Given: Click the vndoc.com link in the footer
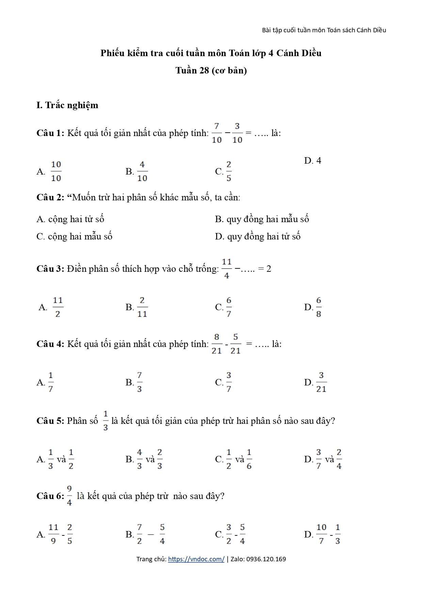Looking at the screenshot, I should (196, 559).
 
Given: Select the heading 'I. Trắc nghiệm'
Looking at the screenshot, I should (67, 105).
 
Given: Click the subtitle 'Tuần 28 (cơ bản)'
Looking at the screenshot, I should (211, 70).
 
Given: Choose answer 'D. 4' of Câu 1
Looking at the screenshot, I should (312, 161).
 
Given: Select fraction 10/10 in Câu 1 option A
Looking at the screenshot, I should (56, 171).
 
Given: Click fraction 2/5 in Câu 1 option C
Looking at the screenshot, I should (229, 171).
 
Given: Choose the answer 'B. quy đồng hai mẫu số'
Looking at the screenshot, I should (262, 219).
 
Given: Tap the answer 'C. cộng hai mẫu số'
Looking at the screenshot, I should (74, 236).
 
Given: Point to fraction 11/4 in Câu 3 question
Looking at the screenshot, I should (227, 269).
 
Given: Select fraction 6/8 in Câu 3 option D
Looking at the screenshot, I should (319, 307).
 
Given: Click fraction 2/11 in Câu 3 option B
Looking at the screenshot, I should (142, 307).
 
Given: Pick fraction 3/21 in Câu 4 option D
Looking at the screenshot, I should (321, 382).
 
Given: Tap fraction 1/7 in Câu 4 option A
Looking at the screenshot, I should (51, 382).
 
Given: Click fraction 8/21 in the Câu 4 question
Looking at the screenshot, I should (216, 344).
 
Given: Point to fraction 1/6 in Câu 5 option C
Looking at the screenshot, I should (249, 459).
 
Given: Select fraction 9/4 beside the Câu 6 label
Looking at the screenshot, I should (69, 496).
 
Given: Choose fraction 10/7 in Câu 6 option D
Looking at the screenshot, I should (321, 534).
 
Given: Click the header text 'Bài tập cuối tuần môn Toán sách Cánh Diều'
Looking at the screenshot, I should (324, 30).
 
